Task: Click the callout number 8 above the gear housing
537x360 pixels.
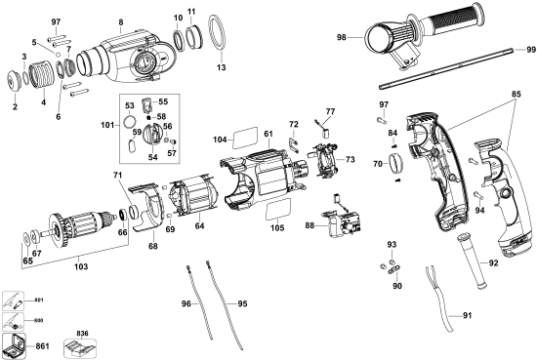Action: pos(120,21)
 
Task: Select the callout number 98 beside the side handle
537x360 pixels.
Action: pos(343,37)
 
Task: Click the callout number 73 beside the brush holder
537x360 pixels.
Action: pos(350,159)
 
